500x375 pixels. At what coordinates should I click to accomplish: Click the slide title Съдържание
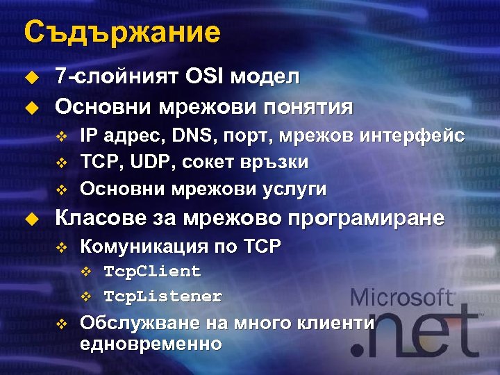pos(122,32)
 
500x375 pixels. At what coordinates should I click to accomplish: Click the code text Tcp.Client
pos(152,271)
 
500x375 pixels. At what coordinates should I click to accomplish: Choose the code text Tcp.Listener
pos(162,297)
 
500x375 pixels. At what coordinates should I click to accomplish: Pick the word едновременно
pos(151,344)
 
